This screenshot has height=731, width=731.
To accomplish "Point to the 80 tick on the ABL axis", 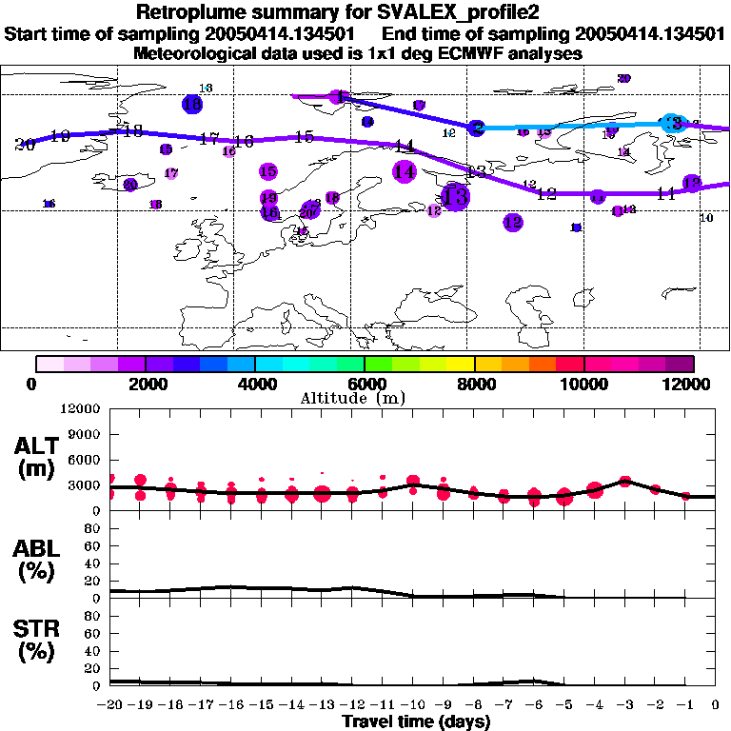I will pos(93,529).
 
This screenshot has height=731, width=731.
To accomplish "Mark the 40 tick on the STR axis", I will pos(93,650).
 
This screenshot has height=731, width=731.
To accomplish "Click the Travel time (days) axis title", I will pos(416,722).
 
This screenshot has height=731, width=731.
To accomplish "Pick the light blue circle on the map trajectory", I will pos(674,123).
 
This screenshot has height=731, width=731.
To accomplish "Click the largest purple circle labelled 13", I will pos(456,197).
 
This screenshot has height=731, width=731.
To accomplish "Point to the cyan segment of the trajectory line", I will pos(571,126).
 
